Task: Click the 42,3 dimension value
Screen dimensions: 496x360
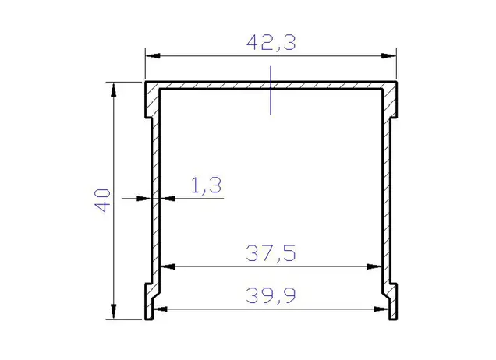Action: click(271, 43)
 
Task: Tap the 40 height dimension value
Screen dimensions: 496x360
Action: click(102, 200)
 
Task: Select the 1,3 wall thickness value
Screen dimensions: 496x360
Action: click(206, 185)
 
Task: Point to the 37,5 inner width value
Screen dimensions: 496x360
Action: click(271, 252)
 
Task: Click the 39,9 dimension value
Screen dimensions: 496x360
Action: click(271, 295)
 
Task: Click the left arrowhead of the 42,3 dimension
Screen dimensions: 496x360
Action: click(153, 56)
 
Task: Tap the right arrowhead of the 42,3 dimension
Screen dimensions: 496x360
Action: click(388, 56)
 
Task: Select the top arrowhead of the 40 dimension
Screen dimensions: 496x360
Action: click(114, 90)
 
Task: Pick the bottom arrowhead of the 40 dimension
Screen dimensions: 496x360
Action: click(114, 312)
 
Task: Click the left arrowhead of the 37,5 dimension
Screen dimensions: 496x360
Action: click(168, 266)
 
